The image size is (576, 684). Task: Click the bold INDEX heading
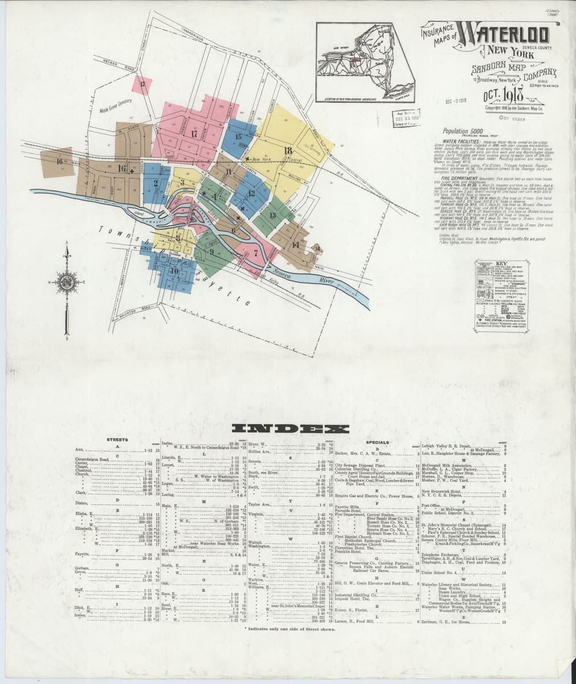click(288, 429)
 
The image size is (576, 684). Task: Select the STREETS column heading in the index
click(116, 439)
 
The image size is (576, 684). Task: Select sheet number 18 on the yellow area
click(288, 150)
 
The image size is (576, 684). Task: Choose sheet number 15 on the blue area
click(238, 137)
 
